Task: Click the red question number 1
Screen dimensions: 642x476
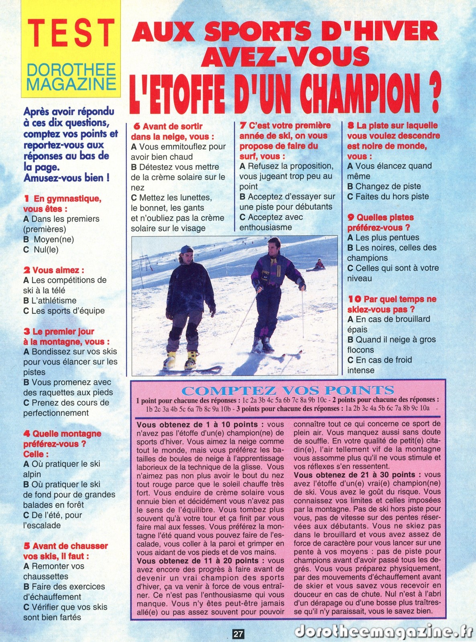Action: tap(26, 198)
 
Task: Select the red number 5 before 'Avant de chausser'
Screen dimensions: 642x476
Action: tap(26, 546)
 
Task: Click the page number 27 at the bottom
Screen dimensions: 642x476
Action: tap(238, 634)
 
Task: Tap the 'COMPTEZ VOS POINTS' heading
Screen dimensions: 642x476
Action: tap(288, 390)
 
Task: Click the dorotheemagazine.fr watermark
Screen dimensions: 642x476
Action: tap(383, 632)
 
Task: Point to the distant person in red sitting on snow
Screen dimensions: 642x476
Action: tap(319, 264)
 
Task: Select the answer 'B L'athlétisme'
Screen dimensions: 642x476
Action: tap(50, 300)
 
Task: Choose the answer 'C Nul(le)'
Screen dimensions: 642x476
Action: tap(41, 250)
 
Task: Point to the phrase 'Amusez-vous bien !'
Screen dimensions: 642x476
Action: tap(67, 178)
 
